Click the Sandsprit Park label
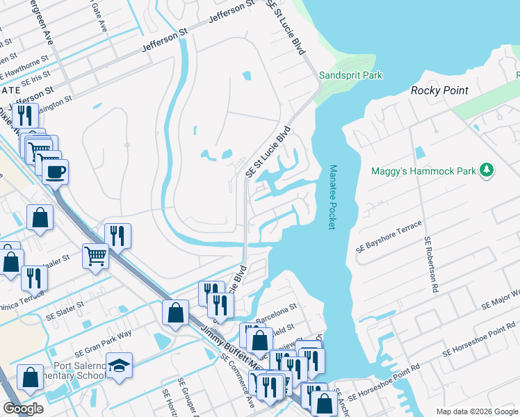coord(351,75)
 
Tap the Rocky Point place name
coord(439,90)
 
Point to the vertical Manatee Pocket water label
coord(332,195)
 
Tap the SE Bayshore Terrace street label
coord(389,238)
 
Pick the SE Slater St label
coord(65,304)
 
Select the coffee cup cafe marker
coord(55,171)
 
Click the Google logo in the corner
coord(23,409)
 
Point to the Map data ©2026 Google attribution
coord(476,411)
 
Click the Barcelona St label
coord(277,305)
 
